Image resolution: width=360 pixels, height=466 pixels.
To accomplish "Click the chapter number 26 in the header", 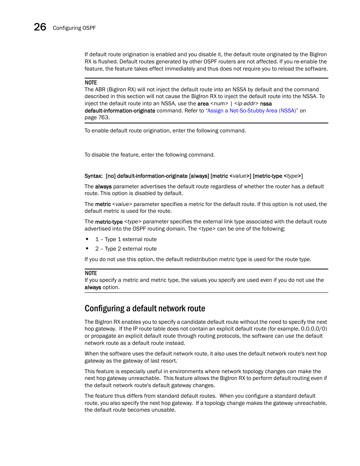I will pyautogui.click(x=40, y=27).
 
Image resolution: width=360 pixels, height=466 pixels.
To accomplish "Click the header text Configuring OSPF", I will pyautogui.click(x=74, y=28).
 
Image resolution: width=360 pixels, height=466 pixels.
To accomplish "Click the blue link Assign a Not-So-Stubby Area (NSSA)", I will pyautogui.click(x=252, y=111).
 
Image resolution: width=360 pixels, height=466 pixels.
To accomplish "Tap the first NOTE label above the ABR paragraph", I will pyautogui.click(x=91, y=83).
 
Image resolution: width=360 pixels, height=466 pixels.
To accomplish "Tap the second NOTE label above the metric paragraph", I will pyautogui.click(x=91, y=273).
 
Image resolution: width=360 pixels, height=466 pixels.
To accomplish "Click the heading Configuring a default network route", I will pyautogui.click(x=145, y=309).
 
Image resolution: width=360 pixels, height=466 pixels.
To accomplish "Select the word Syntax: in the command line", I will pyautogui.click(x=93, y=176).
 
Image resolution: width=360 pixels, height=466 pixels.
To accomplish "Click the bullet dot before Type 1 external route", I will pyautogui.click(x=87, y=239).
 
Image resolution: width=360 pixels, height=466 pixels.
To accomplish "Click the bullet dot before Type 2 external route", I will pyautogui.click(x=87, y=249).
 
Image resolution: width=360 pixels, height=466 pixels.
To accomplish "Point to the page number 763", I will pyautogui.click(x=103, y=117).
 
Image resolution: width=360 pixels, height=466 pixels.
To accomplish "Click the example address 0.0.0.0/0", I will pyautogui.click(x=314, y=329).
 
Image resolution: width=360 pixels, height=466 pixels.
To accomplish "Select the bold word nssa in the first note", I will pyautogui.click(x=266, y=104).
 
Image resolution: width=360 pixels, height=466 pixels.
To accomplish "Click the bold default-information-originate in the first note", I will pyautogui.click(x=120, y=111).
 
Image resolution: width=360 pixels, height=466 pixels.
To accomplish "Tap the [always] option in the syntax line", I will pyautogui.click(x=199, y=176).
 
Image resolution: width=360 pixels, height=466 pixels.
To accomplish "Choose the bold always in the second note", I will pyautogui.click(x=92, y=287).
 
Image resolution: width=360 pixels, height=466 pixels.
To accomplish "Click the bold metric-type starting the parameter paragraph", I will pyautogui.click(x=109, y=222).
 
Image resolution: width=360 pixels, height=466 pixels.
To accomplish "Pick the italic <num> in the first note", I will pyautogui.click(x=219, y=104).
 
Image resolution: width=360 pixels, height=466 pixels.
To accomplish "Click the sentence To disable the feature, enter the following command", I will pyautogui.click(x=149, y=155).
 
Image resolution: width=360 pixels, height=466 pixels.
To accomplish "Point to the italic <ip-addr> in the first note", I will pyautogui.click(x=246, y=104).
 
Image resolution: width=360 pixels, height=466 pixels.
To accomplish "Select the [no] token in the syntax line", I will pyautogui.click(x=111, y=176).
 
